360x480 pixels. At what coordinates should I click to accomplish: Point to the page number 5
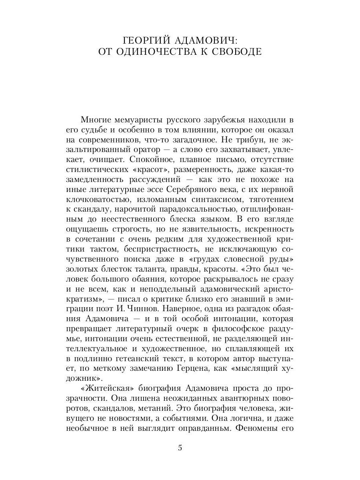click(180, 448)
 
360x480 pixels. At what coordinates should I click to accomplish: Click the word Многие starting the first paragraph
click(95, 119)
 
